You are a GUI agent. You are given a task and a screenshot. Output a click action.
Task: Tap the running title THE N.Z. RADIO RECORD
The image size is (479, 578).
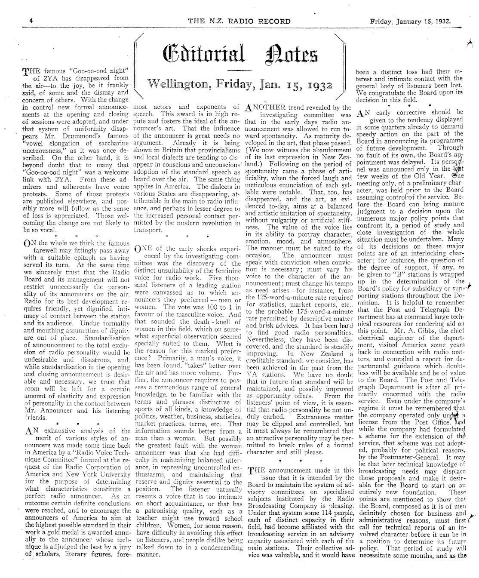click(239, 21)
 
